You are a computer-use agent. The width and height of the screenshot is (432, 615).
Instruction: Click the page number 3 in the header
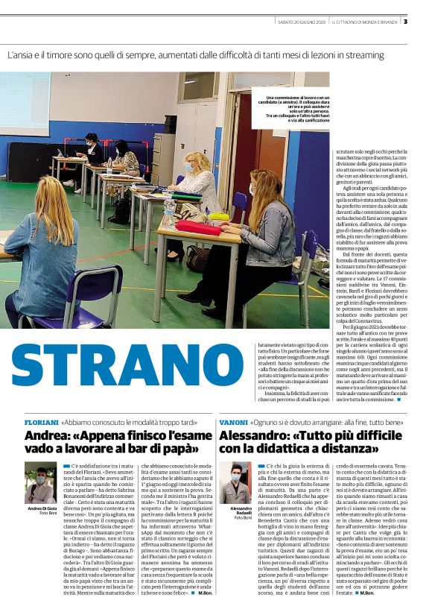425,20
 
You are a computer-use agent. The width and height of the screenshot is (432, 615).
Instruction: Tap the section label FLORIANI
41,422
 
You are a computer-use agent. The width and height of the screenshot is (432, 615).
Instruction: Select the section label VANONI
233,422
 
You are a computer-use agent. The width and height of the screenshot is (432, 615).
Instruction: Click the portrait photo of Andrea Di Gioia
40,483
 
